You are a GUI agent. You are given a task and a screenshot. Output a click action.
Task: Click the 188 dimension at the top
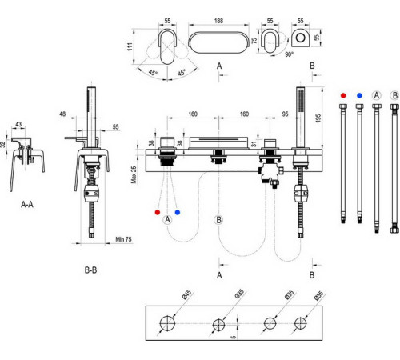coord(218,21)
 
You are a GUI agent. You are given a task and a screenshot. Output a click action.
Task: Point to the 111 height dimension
coord(130,46)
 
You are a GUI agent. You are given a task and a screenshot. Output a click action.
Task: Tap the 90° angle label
coord(289,54)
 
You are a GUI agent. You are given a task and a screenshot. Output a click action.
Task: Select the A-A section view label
coord(27,205)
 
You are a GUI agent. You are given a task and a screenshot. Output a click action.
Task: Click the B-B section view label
coord(90,270)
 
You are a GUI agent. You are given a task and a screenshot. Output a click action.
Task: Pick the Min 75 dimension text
coord(123,239)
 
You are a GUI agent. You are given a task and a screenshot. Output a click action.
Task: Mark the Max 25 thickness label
coord(134,174)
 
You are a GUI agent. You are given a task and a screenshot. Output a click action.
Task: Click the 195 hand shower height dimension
coord(318,118)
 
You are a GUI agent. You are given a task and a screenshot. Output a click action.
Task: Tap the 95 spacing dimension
coord(285,114)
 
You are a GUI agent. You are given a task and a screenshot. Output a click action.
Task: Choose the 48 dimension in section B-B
coord(62,114)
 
